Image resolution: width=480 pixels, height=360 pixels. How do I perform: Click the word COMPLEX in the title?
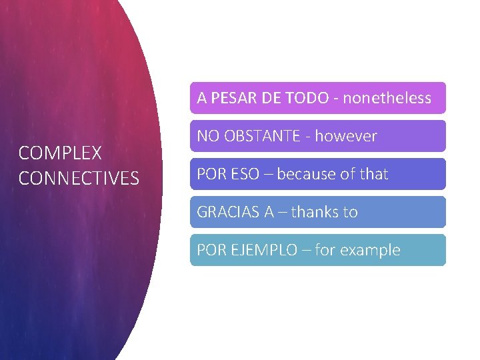(60, 153)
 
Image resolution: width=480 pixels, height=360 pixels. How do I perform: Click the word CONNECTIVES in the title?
(79, 179)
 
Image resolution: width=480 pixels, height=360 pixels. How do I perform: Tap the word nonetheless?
(387, 98)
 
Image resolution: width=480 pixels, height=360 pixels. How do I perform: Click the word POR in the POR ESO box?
(211, 174)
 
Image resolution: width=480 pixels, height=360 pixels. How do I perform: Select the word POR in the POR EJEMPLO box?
(211, 250)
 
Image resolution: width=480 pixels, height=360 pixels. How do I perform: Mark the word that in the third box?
(373, 174)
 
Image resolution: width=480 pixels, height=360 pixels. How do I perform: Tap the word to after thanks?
(351, 212)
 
